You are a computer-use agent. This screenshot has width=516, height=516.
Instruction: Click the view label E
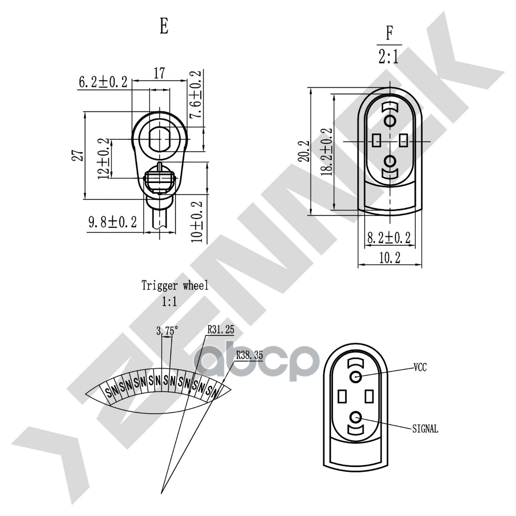tap(164, 27)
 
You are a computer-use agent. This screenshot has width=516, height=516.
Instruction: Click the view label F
tap(389, 33)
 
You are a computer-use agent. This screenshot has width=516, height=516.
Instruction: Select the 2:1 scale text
tap(389, 57)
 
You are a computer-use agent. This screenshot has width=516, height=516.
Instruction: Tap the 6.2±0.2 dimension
tap(103, 82)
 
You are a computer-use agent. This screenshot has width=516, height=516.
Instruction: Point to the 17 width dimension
tap(159, 73)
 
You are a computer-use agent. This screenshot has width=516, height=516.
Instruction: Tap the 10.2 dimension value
tap(390, 258)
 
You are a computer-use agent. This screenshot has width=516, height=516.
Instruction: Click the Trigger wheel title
tap(175, 286)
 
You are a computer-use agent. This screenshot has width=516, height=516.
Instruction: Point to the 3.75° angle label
tap(167, 331)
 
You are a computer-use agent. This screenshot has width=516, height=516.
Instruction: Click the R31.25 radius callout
tap(221, 330)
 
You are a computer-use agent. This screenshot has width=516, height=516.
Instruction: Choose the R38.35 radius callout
tap(249, 355)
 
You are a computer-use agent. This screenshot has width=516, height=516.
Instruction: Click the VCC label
tap(420, 367)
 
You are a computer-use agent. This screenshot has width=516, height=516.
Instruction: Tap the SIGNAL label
tap(425, 429)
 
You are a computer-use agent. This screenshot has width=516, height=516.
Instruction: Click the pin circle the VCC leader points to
tap(356, 377)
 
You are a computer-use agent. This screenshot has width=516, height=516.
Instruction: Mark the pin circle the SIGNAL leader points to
tap(356, 417)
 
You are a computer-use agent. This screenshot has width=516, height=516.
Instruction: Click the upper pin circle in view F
tap(390, 121)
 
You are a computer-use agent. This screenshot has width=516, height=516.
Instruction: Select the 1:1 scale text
tap(169, 302)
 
